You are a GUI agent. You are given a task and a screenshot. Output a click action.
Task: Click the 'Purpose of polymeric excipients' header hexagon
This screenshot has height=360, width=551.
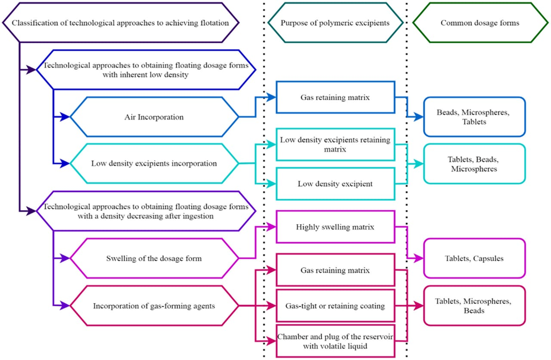(335, 23)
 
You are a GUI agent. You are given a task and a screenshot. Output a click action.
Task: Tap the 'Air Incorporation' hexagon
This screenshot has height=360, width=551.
(154, 117)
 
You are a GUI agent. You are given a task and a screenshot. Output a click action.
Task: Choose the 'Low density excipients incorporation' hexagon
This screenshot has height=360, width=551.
(154, 163)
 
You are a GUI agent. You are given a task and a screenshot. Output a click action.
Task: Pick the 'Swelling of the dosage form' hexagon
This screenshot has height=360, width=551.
(154, 258)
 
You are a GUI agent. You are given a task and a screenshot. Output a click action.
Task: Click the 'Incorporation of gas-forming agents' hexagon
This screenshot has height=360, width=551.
(154, 306)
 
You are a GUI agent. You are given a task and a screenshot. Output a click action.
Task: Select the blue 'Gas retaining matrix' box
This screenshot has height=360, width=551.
(335, 97)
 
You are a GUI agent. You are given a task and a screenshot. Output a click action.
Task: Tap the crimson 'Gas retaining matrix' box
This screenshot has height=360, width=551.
(335, 270)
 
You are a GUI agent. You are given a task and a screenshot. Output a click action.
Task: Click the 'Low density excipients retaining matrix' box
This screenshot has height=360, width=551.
(335, 144)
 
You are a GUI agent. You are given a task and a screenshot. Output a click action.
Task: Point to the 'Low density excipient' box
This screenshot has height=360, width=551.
(335, 184)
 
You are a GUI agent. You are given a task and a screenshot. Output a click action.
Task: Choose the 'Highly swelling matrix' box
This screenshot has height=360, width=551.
(335, 227)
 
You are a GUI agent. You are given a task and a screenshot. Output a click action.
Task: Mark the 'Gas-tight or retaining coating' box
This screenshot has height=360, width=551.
(335, 305)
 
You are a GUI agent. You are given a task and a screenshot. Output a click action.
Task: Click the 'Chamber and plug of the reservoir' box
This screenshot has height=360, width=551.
(335, 340)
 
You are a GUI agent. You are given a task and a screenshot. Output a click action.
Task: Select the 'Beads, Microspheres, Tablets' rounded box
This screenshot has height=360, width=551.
(474, 117)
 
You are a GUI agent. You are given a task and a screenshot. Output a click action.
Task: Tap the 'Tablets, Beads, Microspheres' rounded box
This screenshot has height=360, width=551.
(474, 164)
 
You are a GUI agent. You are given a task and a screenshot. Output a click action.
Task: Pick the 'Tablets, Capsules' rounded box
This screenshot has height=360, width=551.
(474, 258)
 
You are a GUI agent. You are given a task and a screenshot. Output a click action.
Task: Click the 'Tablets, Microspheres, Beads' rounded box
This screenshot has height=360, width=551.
(474, 305)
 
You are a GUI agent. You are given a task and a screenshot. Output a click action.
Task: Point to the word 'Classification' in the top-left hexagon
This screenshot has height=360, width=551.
(33, 23)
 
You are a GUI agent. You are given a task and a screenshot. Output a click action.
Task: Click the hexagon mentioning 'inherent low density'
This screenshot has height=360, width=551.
(146, 70)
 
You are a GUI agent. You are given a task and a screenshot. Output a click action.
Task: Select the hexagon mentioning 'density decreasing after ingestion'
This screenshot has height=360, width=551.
(146, 211)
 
